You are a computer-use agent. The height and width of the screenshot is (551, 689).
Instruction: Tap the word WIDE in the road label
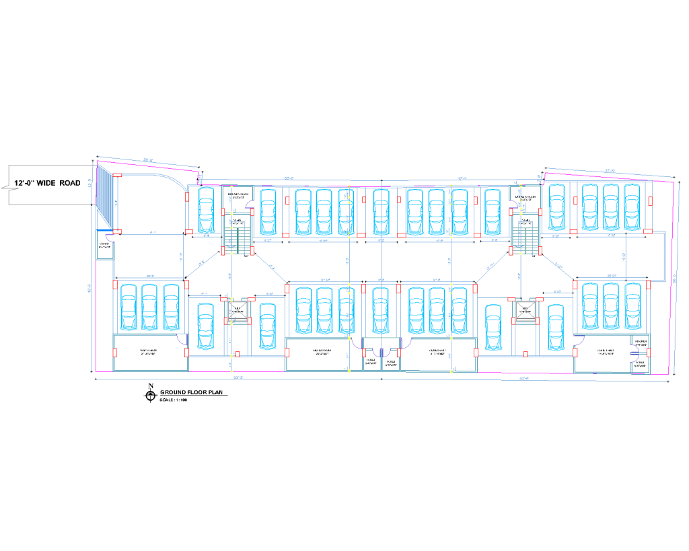tap(50, 183)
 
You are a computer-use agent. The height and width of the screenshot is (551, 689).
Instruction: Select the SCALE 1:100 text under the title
tap(174, 400)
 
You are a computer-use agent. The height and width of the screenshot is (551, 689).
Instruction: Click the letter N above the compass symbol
tap(151, 385)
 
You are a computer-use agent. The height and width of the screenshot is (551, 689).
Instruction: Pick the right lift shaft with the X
tap(525, 309)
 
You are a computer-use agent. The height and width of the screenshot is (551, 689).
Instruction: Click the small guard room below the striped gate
tap(105, 247)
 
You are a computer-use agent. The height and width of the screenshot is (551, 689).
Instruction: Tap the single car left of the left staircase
tap(206, 208)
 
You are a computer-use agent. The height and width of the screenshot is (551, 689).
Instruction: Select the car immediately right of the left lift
tap(268, 326)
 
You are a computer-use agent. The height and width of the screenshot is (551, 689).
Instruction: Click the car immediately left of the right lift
tap(494, 326)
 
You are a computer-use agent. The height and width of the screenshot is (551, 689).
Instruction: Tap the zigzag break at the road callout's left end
tap(9, 184)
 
